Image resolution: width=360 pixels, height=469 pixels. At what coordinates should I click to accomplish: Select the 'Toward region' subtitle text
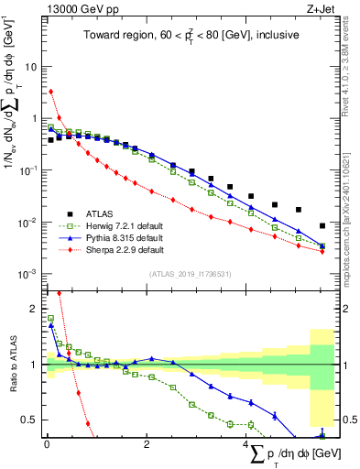(x=189, y=37)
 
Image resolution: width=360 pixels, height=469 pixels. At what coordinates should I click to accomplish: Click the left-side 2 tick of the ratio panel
(x=36, y=309)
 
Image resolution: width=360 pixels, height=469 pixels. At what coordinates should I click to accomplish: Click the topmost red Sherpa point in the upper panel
(x=51, y=91)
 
